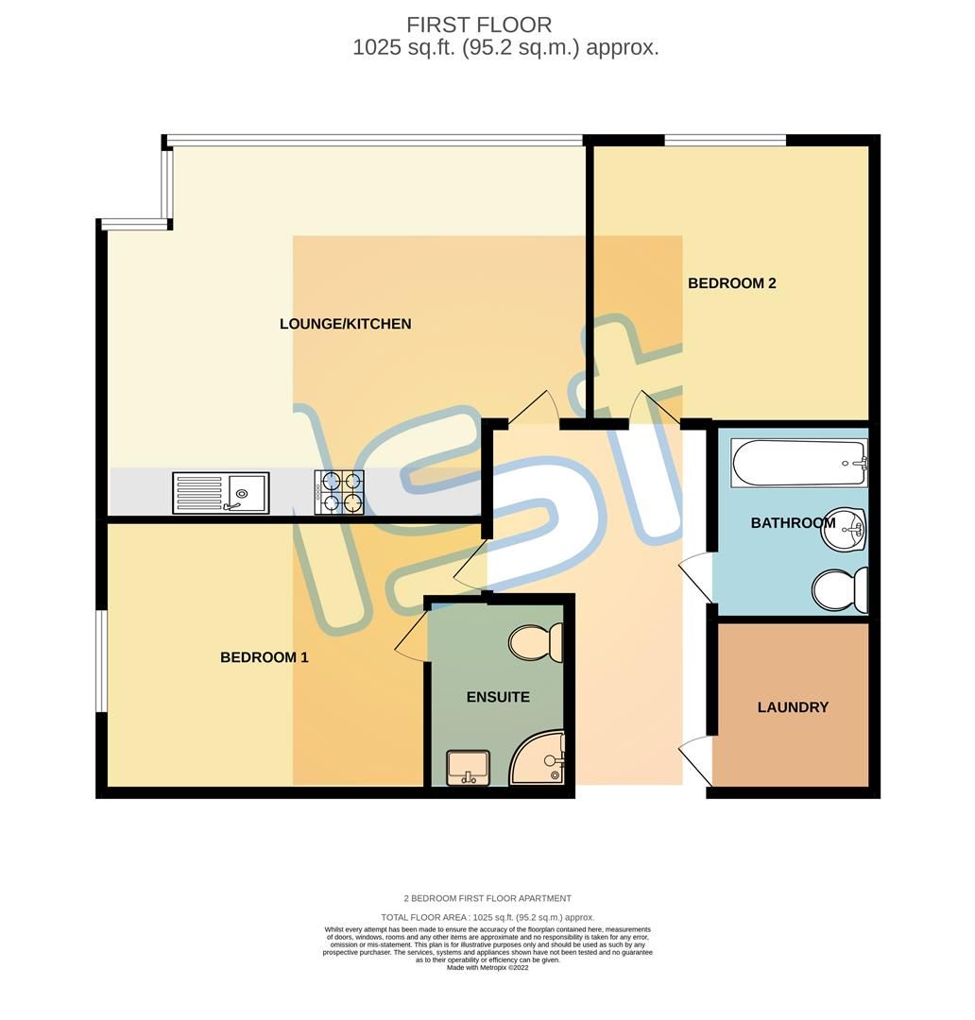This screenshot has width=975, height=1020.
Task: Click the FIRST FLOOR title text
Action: click(x=479, y=25)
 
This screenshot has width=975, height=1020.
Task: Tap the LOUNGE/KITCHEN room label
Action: click(x=345, y=324)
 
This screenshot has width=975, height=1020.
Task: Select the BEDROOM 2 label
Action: click(x=731, y=283)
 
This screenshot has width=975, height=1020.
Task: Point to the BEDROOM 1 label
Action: click(x=264, y=657)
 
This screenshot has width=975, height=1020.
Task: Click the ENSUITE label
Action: click(x=498, y=697)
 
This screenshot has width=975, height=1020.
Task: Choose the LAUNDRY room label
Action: click(x=793, y=706)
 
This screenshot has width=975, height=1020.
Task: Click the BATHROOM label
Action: click(x=792, y=522)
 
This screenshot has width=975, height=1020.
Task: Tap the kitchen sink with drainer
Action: click(x=220, y=493)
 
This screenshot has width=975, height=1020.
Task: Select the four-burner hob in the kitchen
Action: click(x=339, y=493)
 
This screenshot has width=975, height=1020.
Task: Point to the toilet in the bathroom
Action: click(x=840, y=590)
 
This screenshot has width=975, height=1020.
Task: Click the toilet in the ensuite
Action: click(x=536, y=643)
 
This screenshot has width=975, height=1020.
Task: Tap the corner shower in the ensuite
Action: click(x=539, y=760)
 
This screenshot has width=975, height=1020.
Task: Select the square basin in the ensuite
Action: click(x=467, y=766)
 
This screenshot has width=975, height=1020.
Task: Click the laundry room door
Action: click(x=696, y=758)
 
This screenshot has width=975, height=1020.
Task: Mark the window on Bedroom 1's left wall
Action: click(x=100, y=660)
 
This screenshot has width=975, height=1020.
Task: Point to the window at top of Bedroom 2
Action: click(x=725, y=141)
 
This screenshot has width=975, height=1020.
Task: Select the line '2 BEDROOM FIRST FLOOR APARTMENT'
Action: click(x=487, y=898)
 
